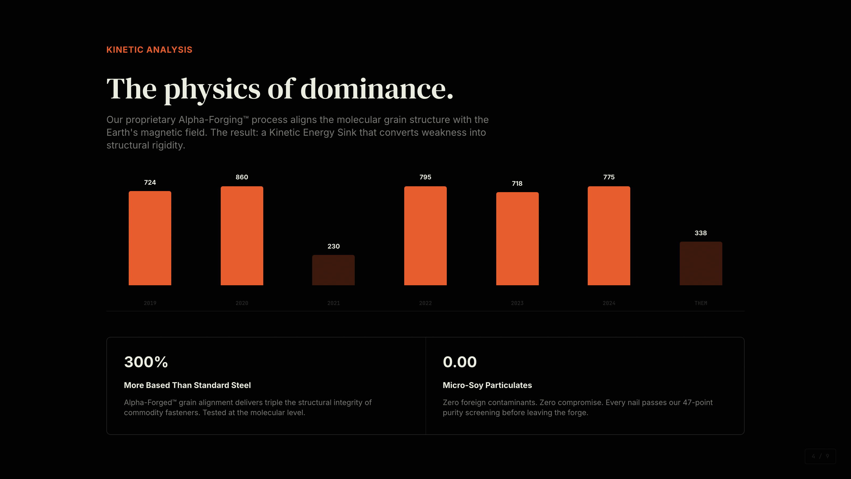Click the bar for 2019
[x=150, y=238]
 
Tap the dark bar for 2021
[x=333, y=270]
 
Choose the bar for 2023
[x=517, y=238]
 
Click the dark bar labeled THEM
[x=700, y=263]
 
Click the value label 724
[x=150, y=183]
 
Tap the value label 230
[x=333, y=246]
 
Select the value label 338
[x=700, y=233]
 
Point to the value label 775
[x=608, y=177]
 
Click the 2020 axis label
[x=242, y=303]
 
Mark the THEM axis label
[x=700, y=303]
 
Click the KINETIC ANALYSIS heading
[x=149, y=50]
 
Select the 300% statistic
[x=146, y=362]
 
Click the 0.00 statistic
[x=460, y=362]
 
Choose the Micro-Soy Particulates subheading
[x=487, y=385]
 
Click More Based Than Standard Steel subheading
[x=187, y=385]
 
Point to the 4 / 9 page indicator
[x=820, y=456]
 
